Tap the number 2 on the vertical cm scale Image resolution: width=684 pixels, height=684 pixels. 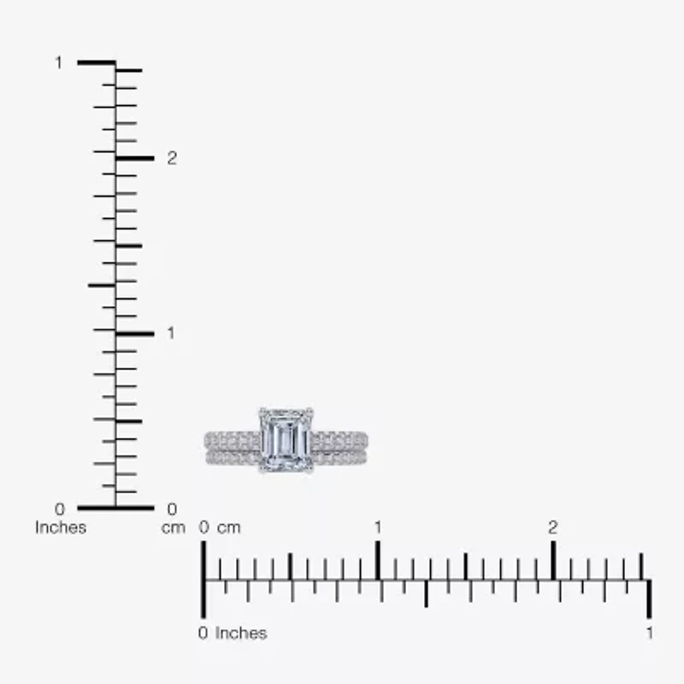click(172, 158)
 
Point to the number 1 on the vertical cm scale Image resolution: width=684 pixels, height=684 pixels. click(171, 333)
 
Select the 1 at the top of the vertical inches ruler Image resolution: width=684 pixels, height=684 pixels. click(59, 62)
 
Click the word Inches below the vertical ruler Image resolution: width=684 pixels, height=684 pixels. click(61, 528)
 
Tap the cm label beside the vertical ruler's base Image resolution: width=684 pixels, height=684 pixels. click(174, 528)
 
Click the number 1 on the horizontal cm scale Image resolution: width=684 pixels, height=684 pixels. click(377, 528)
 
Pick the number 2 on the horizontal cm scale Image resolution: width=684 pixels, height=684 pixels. click(553, 528)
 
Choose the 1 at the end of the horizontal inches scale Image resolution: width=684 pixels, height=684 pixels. click(650, 634)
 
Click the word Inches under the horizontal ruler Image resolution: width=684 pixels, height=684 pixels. click(241, 634)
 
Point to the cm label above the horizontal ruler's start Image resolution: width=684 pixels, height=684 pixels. click(228, 528)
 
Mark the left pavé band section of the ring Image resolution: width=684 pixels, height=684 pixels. click(232, 448)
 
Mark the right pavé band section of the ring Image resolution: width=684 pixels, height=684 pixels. click(339, 448)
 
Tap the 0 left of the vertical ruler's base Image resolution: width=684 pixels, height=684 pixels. click(59, 510)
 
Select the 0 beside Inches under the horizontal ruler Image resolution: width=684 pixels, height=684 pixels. click(203, 634)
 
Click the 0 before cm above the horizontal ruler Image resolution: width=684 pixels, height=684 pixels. click(204, 528)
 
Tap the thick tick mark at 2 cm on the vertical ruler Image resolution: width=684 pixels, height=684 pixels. click(134, 158)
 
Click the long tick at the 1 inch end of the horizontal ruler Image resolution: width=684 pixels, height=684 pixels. click(650, 598)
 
